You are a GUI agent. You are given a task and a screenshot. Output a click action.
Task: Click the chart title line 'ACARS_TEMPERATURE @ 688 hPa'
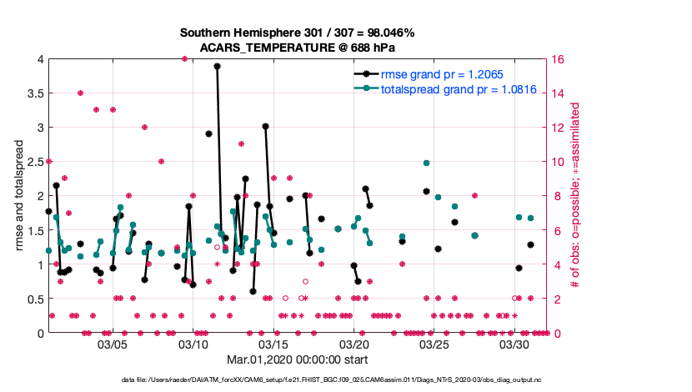click(x=297, y=48)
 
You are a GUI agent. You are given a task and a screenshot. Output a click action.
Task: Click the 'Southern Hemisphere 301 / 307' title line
click(x=297, y=33)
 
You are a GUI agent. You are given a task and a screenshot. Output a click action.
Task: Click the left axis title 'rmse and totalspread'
click(x=18, y=196)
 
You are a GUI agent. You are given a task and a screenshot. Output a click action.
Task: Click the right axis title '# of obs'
click(x=575, y=196)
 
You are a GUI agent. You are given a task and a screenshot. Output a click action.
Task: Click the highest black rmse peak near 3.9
click(x=217, y=66)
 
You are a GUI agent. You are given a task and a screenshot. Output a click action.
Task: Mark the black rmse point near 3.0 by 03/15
click(x=265, y=126)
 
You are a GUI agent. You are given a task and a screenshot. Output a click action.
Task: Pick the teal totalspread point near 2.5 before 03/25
click(x=426, y=163)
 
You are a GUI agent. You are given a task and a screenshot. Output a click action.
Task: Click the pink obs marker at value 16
click(x=184, y=58)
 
